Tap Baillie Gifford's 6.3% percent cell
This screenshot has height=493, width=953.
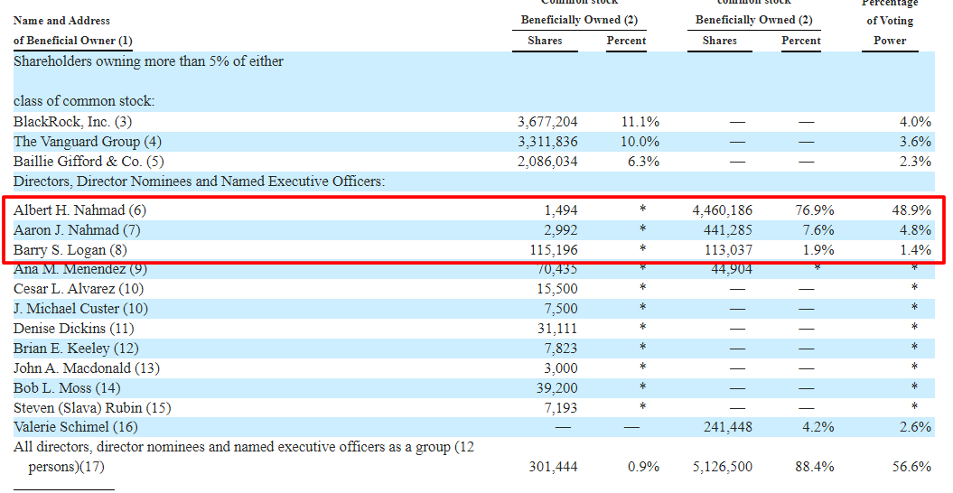640,162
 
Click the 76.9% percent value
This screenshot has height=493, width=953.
815,210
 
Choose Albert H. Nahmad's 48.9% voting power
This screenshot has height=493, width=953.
911,210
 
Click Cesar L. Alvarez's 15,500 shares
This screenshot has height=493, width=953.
558,289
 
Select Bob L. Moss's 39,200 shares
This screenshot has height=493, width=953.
558,388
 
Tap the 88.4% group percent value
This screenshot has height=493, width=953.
815,467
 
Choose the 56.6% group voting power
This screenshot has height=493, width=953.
911,467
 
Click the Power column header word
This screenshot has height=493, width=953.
889,41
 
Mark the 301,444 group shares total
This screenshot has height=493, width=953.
553,467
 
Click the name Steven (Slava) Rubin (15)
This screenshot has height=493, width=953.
92,408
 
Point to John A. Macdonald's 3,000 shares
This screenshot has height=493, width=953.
562,368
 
